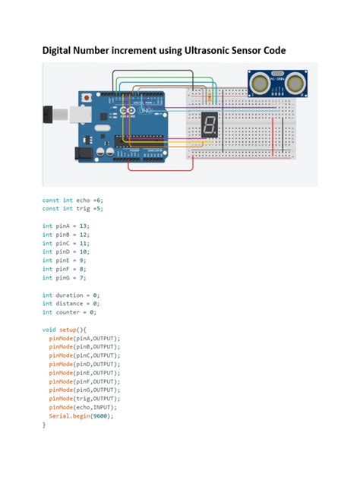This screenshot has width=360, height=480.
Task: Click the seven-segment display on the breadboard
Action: tap(209, 126)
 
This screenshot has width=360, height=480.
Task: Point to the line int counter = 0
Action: tap(69, 312)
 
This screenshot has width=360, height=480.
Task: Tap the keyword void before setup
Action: tap(49, 330)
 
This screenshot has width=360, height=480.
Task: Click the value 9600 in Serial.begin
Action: tap(102, 416)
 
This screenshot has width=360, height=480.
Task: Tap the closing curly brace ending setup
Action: tap(44, 425)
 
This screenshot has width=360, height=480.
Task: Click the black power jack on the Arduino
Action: tap(82, 152)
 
